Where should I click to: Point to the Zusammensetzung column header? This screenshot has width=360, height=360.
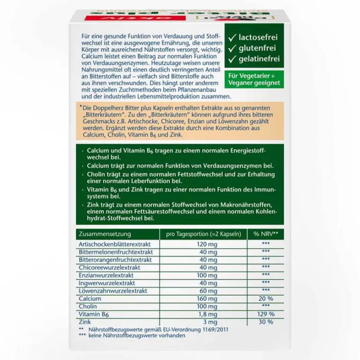click(x=105, y=234)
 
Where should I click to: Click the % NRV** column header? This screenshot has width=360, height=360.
click(x=266, y=234)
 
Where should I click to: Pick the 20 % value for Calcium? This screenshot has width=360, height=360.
click(x=266, y=298)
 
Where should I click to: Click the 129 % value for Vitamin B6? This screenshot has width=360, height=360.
click(x=266, y=314)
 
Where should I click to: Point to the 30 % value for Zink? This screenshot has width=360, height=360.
click(x=266, y=322)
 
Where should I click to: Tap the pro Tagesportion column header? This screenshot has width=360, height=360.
click(x=200, y=234)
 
